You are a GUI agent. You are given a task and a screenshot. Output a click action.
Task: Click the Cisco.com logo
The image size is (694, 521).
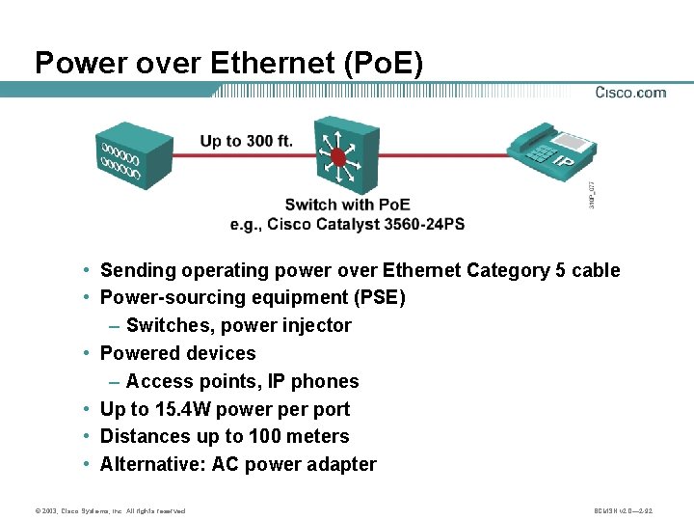tap(630, 93)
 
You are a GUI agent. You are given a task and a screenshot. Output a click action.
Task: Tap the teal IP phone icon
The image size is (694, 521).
tap(550, 154)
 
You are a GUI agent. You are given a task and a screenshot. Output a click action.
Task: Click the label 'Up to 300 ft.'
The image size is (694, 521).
tap(246, 141)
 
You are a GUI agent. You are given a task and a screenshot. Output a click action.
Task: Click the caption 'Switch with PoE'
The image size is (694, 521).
tap(347, 205)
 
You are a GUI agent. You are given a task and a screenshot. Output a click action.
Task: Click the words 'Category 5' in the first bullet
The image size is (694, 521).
tap(517, 270)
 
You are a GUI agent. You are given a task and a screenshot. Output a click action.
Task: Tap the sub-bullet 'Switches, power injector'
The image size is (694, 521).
tap(238, 325)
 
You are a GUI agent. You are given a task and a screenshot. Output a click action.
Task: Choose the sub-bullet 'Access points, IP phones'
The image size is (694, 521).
tap(242, 381)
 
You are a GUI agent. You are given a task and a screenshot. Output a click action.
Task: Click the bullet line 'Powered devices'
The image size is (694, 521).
tap(177, 353)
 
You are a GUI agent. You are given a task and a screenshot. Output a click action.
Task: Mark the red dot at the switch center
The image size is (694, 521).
tap(337, 156)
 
